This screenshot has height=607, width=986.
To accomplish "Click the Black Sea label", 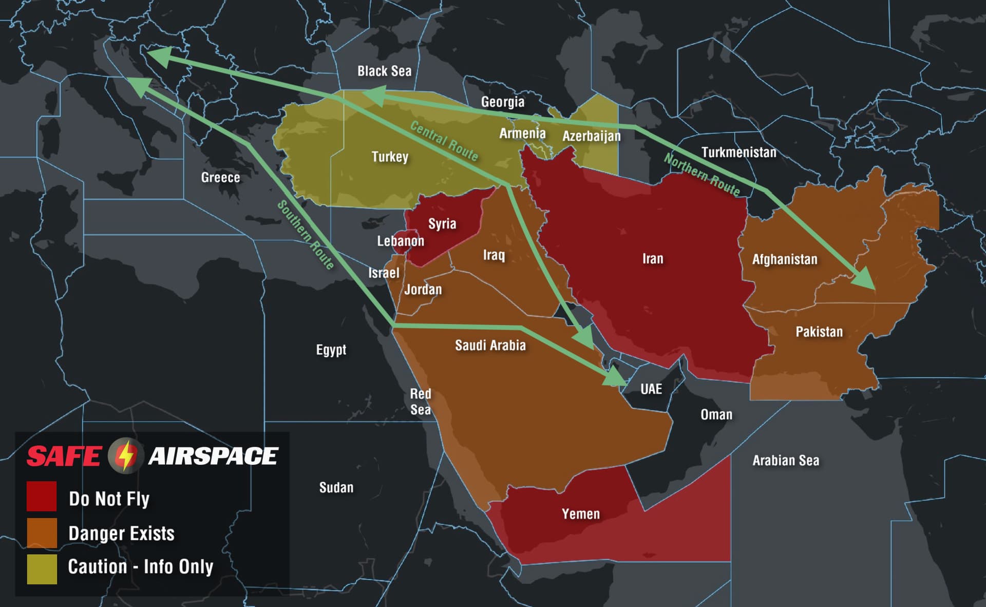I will pyautogui.click(x=384, y=71).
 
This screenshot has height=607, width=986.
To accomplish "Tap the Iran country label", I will pyautogui.click(x=653, y=258).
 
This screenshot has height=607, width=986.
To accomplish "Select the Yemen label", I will pyautogui.click(x=580, y=514).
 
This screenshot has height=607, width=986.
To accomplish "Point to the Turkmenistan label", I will pyautogui.click(x=738, y=152).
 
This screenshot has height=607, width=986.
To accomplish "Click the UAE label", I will pyautogui.click(x=651, y=389).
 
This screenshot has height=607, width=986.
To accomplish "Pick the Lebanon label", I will pyautogui.click(x=401, y=241).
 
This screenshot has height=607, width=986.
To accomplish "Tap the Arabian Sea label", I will pyautogui.click(x=786, y=460).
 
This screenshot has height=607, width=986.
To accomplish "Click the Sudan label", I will pyautogui.click(x=336, y=487).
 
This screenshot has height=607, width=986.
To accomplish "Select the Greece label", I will pyautogui.click(x=220, y=177).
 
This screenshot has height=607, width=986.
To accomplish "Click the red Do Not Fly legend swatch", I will pyautogui.click(x=42, y=496).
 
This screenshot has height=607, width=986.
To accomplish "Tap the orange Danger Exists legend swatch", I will pyautogui.click(x=42, y=533).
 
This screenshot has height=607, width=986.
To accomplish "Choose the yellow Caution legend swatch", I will pyautogui.click(x=42, y=568).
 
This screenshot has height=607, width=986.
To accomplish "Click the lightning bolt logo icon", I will pyautogui.click(x=125, y=455).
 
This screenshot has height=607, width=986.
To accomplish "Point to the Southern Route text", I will pyautogui.click(x=306, y=235).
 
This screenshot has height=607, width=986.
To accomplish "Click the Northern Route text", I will pyautogui.click(x=702, y=175).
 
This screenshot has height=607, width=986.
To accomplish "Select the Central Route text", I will pyautogui.click(x=444, y=141).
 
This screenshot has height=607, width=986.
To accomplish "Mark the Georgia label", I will pyautogui.click(x=502, y=102).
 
